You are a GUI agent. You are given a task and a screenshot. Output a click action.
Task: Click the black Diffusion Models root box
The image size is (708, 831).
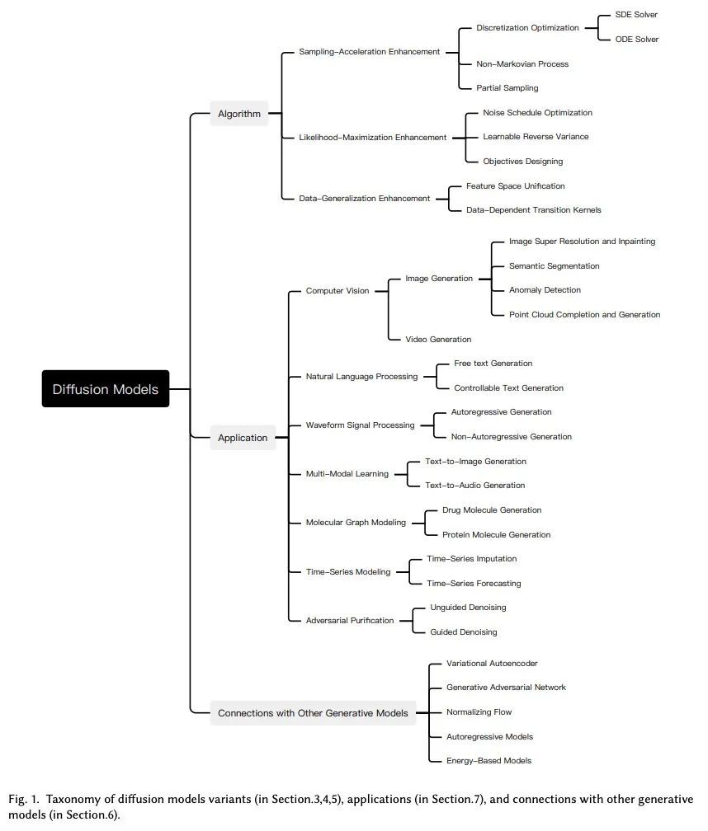pyautogui.click(x=106, y=388)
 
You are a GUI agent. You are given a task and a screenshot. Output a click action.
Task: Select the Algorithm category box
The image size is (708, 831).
pyautogui.click(x=239, y=114)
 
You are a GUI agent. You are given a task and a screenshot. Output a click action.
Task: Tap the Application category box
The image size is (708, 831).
pyautogui.click(x=243, y=438)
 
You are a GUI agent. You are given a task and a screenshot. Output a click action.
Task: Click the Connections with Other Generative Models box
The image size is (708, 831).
pyautogui.click(x=313, y=713)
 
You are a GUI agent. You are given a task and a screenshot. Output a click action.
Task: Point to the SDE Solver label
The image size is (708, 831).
pyautogui.click(x=636, y=15)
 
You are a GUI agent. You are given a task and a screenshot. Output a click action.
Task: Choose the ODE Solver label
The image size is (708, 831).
pyautogui.click(x=637, y=40)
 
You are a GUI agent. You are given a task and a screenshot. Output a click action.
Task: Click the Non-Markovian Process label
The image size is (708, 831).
pyautogui.click(x=522, y=64)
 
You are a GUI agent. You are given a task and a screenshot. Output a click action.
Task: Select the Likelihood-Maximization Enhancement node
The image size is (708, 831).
pyautogui.click(x=372, y=137)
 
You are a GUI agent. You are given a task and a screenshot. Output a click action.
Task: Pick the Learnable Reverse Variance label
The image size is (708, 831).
pyautogui.click(x=536, y=137)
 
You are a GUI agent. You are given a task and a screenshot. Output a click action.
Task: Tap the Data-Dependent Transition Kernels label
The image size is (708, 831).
pyautogui.click(x=534, y=210)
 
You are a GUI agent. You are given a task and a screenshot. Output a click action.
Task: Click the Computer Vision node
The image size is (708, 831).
pyautogui.click(x=337, y=291)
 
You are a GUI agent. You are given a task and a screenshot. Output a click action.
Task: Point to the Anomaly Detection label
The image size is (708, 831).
pyautogui.click(x=545, y=290)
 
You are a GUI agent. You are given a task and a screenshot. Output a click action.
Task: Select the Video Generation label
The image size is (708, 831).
pyautogui.click(x=438, y=339)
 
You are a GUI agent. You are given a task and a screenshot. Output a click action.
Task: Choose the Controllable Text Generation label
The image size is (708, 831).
pyautogui.click(x=508, y=388)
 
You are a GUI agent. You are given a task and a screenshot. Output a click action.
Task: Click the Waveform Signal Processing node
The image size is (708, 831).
pyautogui.click(x=360, y=425)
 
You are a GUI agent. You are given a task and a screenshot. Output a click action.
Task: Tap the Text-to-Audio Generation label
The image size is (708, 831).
pyautogui.click(x=475, y=485)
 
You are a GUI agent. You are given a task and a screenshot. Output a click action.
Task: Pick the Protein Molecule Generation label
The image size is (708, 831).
pyautogui.click(x=497, y=535)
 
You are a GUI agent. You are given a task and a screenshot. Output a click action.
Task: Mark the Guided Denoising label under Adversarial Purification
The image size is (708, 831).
pyautogui.click(x=464, y=631)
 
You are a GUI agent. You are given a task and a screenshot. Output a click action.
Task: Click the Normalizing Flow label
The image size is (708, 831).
pyautogui.click(x=479, y=711)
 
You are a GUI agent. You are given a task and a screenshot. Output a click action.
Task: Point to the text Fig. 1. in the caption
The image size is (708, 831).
pyautogui.click(x=24, y=799)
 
